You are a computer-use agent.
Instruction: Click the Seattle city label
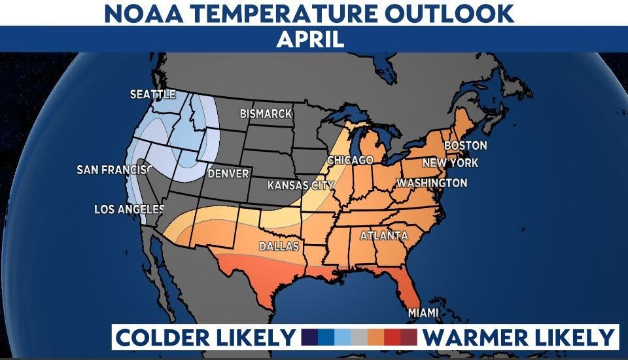tap(152, 94)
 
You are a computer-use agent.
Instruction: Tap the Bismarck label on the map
tap(266, 114)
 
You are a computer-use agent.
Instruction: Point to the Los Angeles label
tap(129, 209)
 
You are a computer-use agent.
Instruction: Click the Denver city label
tap(228, 174)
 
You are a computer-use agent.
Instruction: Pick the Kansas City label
tap(300, 186)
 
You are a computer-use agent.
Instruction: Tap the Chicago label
tap(350, 160)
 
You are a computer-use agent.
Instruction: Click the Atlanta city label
tap(383, 236)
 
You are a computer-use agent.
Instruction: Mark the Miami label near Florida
tap(424, 313)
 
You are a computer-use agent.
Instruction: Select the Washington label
tap(432, 183)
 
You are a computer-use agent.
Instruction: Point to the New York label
tap(450, 163)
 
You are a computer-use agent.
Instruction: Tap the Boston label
tap(465, 145)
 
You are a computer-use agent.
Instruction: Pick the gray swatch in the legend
tap(358, 338)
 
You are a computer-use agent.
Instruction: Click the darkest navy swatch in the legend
tap(309, 338)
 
